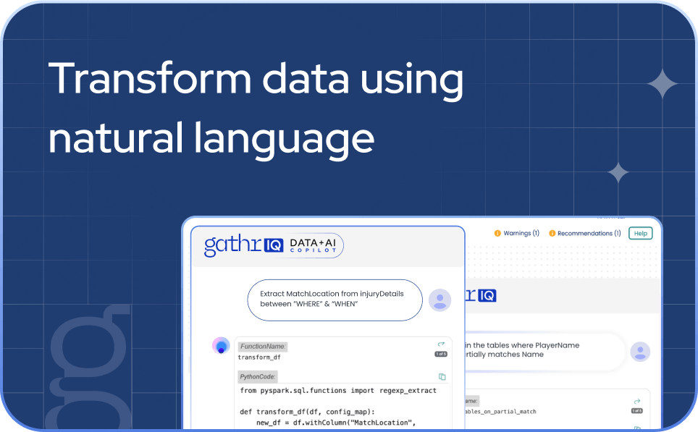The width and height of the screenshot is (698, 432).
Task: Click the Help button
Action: [640, 233]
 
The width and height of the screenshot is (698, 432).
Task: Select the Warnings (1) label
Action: [521, 233]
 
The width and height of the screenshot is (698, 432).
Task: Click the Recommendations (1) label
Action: [589, 233]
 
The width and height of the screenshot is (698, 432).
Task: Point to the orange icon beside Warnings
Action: [497, 233]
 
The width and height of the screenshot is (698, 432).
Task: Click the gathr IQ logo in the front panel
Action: [243, 246]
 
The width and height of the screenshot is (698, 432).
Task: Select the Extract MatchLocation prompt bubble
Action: [334, 299]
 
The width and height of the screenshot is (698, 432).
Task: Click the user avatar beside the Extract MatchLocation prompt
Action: [440, 300]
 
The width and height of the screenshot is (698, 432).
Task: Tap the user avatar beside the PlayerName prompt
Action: [640, 352]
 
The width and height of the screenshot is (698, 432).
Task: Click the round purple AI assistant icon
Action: [221, 346]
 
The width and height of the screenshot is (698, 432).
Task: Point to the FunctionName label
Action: [262, 347]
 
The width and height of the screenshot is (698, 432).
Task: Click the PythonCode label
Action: [258, 376]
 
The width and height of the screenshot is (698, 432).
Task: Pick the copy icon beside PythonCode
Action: [442, 376]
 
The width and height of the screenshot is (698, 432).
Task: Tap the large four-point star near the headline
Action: [663, 85]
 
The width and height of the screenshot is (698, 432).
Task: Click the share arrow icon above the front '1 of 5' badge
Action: [441, 344]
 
